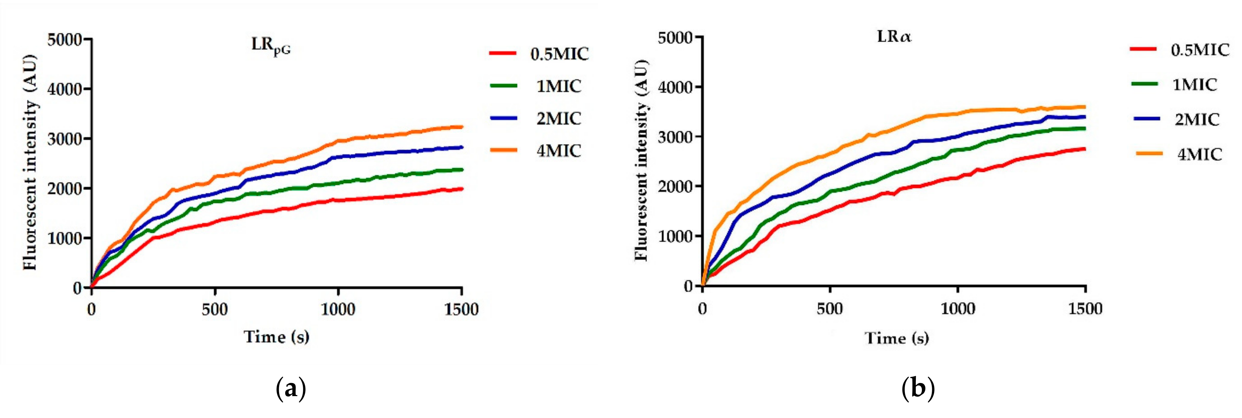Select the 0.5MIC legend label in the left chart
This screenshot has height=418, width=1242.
point(559,54)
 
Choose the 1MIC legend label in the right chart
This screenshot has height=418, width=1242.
point(1195,85)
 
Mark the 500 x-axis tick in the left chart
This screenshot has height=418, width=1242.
point(214,309)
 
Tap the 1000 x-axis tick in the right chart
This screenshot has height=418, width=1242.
point(958,308)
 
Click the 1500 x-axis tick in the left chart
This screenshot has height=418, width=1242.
point(461,309)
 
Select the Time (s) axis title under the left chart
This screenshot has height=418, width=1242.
point(276,336)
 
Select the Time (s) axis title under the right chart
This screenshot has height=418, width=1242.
point(897,338)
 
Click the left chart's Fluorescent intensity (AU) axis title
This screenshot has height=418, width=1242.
point(30,164)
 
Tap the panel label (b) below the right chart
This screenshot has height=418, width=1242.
point(918,388)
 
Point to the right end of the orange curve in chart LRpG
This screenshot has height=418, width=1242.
point(462,127)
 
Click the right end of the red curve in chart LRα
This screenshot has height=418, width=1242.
point(1084,149)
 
